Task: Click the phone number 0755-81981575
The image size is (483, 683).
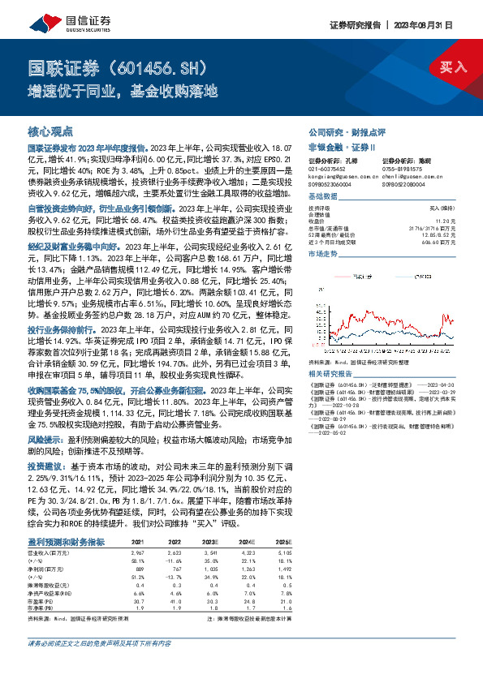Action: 403,169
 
